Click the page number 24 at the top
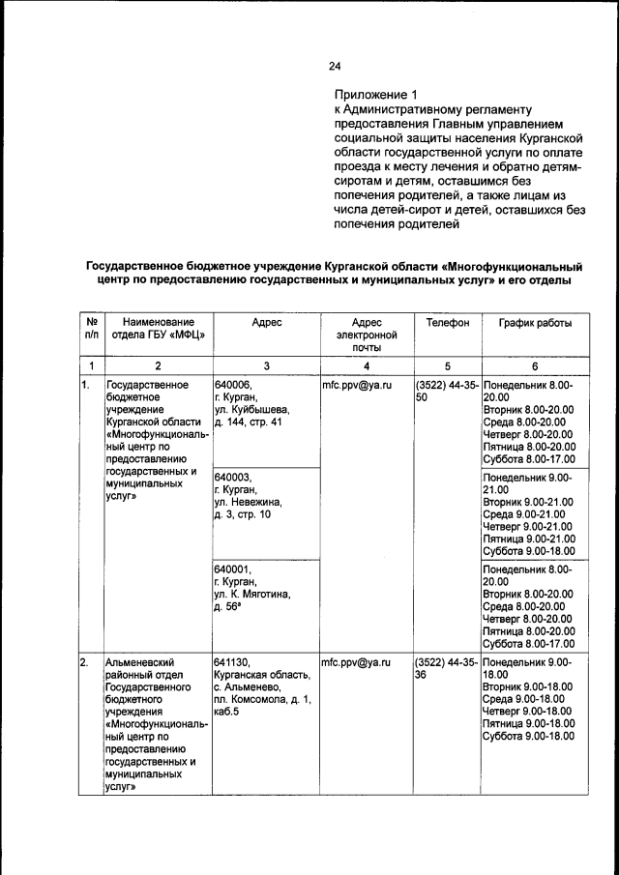click(x=335, y=66)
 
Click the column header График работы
click(x=535, y=322)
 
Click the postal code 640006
click(x=233, y=385)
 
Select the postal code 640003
click(x=233, y=478)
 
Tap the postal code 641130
click(x=233, y=662)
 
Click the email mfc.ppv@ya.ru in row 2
click(x=355, y=662)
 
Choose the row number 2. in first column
click(x=85, y=662)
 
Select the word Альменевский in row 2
click(x=143, y=662)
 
